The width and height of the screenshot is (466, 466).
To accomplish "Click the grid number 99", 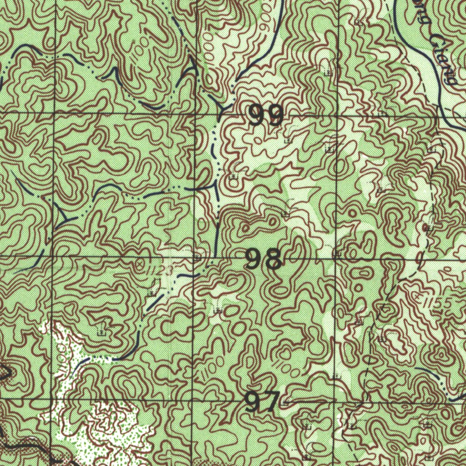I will pyautogui.click(x=266, y=116).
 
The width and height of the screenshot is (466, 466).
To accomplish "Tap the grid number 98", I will pyautogui.click(x=263, y=260).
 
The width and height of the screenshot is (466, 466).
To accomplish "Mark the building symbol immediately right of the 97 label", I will pyautogui.click(x=285, y=402).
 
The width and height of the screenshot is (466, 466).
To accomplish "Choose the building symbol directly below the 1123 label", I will pyautogui.click(x=153, y=292).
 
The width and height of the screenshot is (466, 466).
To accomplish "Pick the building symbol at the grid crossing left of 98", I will pyautogui.click(x=197, y=258).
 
